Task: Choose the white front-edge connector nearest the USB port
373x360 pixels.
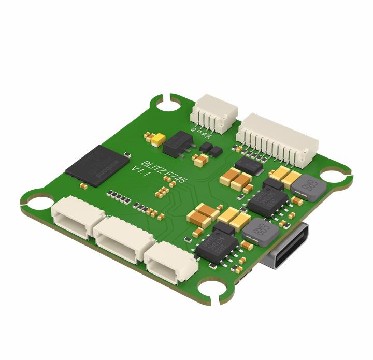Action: click(170, 261)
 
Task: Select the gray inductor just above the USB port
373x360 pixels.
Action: click(260, 231)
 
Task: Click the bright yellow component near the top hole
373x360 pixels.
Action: click(156, 138)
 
